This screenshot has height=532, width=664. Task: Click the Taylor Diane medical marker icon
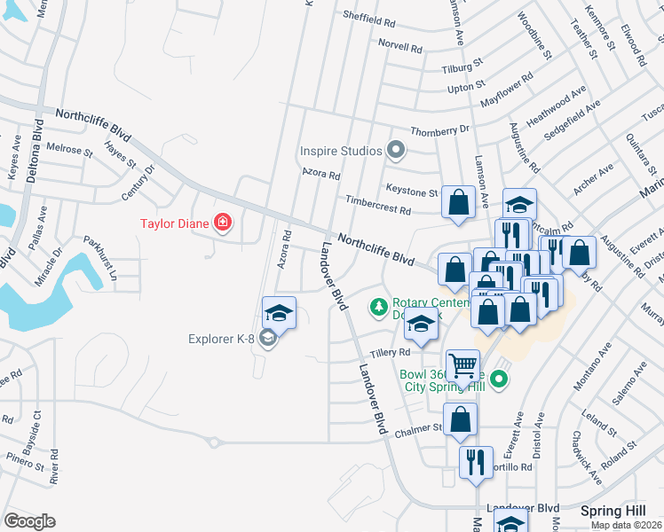222,222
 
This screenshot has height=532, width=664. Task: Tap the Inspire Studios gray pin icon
397,152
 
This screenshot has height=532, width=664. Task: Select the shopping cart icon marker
462,364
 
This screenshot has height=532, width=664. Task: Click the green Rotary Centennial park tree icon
379,307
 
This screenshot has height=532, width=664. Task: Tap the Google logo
30,521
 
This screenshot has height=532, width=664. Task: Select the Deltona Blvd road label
36,153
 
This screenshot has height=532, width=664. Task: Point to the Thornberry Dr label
440,129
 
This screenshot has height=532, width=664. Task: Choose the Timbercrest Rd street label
378,206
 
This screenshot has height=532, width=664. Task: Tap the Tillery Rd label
389,352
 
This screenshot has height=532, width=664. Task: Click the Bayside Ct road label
36,426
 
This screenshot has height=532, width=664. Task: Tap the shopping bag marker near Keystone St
458,202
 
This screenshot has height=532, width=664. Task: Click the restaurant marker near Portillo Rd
476,462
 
